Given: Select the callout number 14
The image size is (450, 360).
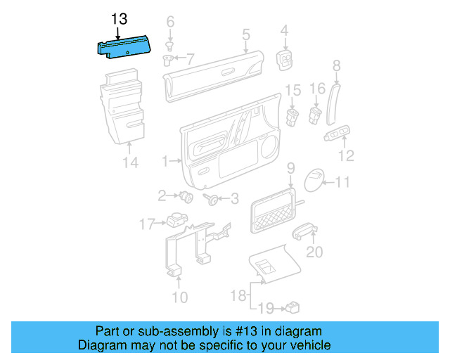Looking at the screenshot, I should pyautogui.click(x=130, y=163).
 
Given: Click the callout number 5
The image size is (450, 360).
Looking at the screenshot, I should pyautogui.click(x=246, y=33).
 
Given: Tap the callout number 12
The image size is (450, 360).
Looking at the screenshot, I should pyautogui.click(x=346, y=156).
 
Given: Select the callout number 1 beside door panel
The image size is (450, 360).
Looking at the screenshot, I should pyautogui.click(x=166, y=162).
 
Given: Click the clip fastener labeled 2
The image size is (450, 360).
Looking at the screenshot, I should pyautogui.click(x=186, y=196).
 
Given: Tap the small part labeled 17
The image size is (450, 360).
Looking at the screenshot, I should pyautogui.click(x=174, y=222).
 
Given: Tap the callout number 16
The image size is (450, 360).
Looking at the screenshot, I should pyautogui.click(x=318, y=89).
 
